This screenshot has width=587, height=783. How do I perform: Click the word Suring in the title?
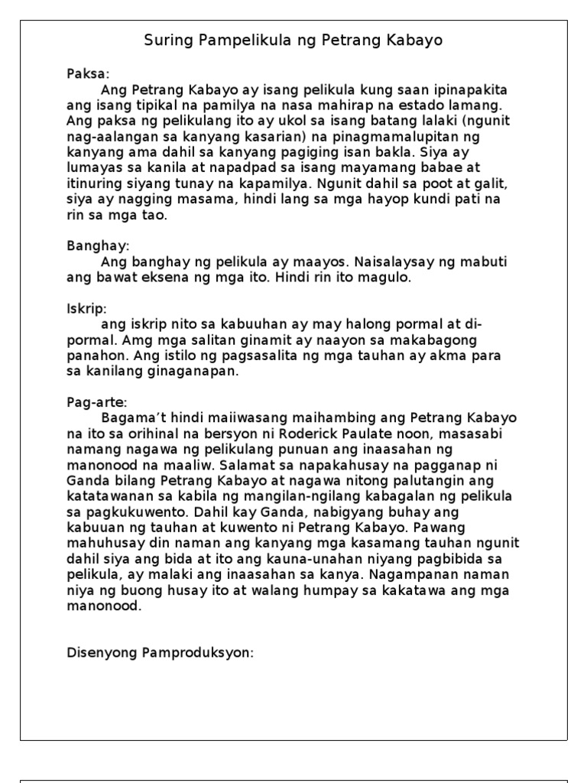point(163,40)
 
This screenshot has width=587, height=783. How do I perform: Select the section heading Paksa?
point(88,74)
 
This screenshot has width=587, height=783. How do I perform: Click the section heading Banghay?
point(98,247)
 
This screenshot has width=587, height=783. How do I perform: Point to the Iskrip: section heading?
point(87,309)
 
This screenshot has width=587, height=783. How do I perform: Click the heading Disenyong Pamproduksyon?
point(160,652)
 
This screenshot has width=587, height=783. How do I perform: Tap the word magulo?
point(388,278)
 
